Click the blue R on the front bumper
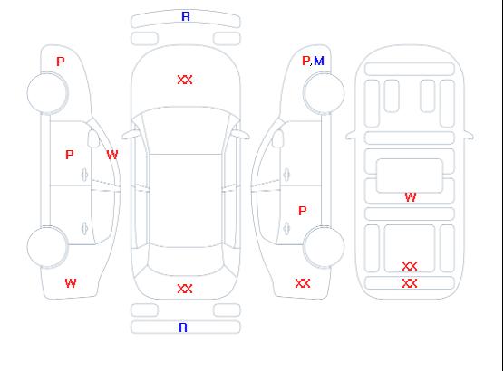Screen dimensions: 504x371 coord(186,16)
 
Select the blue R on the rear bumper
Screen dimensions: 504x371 coord(183,328)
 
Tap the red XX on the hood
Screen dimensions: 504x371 coord(185,80)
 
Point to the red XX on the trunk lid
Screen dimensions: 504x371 coord(185,289)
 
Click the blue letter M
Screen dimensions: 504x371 coord(319,61)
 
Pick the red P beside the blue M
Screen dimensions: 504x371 coord(305,61)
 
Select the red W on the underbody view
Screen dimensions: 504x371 coord(411,197)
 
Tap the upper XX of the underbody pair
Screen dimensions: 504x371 coord(410,266)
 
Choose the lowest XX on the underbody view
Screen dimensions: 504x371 coord(410,283)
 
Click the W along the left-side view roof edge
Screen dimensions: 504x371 coord(112,155)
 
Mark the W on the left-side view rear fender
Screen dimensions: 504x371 coord(71,283)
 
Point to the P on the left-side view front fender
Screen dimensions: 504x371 coord(61,62)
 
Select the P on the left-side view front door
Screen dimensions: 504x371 coord(70,155)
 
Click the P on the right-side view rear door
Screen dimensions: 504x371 coord(303,211)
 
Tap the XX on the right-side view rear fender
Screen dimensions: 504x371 coord(303,283)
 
